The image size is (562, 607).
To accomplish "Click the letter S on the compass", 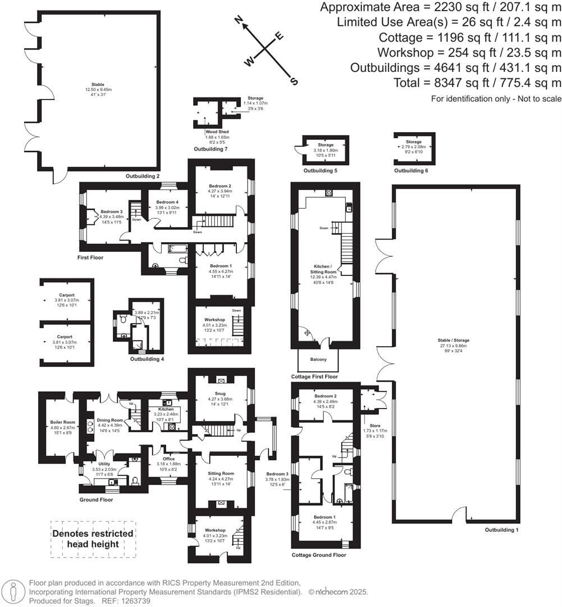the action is (x=293, y=81).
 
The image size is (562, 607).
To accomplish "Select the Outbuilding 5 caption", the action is (x=320, y=170).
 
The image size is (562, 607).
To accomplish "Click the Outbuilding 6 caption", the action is (x=410, y=170).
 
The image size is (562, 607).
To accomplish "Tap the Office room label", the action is (x=168, y=459).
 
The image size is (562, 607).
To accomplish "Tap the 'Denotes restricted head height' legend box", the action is (x=93, y=538).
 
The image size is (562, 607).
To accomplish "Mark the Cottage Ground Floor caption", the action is (x=319, y=555).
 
